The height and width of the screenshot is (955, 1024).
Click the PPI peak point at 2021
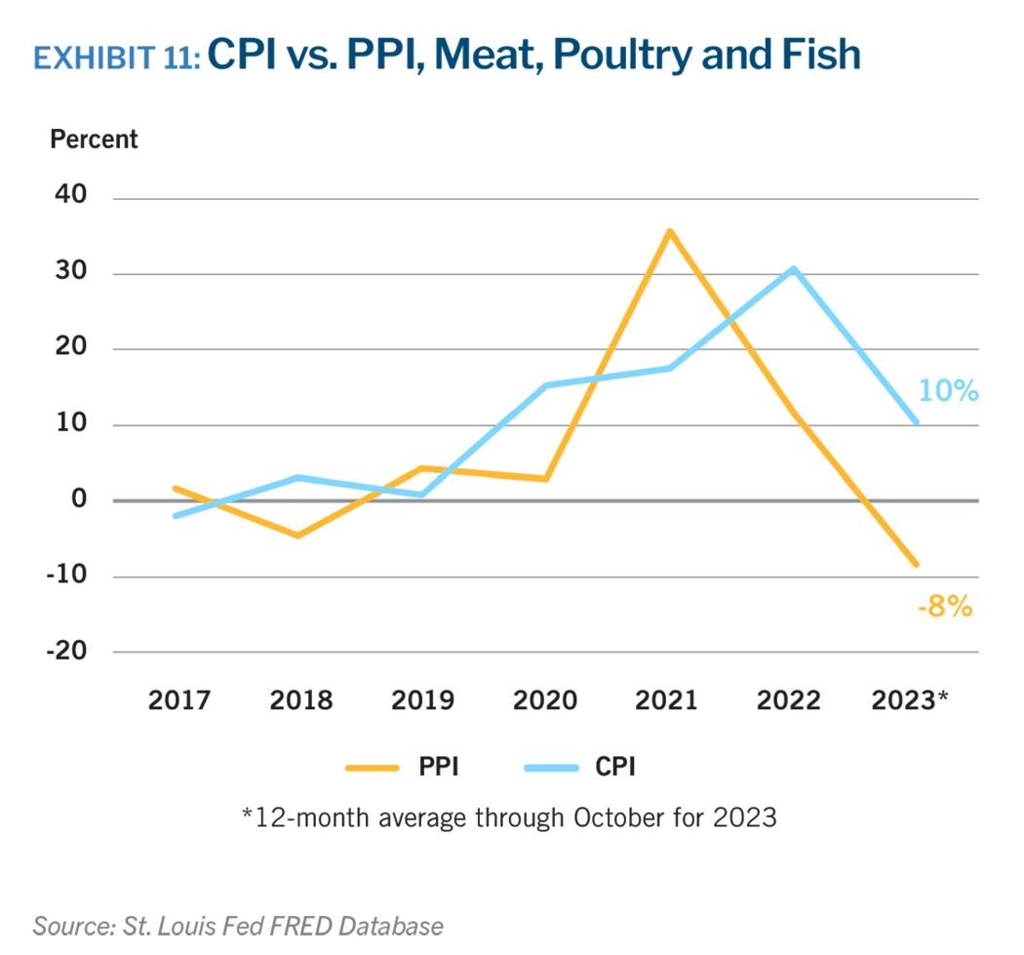[669, 231]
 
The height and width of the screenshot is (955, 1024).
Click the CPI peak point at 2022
[794, 268]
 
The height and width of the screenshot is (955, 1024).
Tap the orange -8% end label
[944, 607]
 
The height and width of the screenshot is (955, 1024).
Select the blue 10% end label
[947, 392]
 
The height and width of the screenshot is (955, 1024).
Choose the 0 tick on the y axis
[79, 499]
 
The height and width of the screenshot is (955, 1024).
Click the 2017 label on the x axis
[179, 700]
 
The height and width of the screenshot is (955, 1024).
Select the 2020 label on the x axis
[545, 700]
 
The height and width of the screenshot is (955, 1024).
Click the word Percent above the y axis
[94, 139]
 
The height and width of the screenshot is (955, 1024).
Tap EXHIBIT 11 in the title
[116, 58]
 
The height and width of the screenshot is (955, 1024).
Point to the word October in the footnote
[616, 816]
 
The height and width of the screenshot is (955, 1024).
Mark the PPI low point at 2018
[298, 536]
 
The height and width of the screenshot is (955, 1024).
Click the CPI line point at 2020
[544, 385]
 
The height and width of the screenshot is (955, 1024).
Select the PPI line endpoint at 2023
[917, 565]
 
